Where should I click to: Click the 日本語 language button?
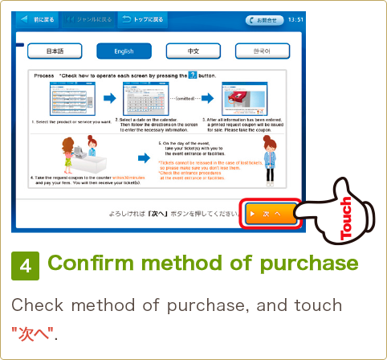(55, 51)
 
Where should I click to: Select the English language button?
(124, 51)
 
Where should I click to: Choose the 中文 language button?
(193, 51)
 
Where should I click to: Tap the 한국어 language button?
(263, 51)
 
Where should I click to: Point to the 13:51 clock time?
(294, 19)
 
